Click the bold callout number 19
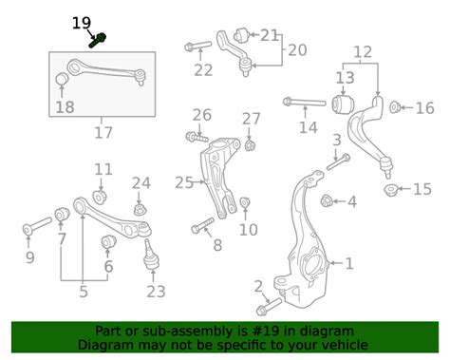pyautogui.click(x=82, y=23)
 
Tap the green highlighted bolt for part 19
pyautogui.click(x=98, y=41)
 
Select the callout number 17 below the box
pyautogui.click(x=103, y=133)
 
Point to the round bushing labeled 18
pyautogui.click(x=62, y=79)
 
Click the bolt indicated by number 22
pyautogui.click(x=197, y=46)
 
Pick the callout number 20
pyautogui.click(x=297, y=50)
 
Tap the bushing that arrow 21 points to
pyautogui.click(x=242, y=36)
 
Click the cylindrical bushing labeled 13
pyautogui.click(x=343, y=104)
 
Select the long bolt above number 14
pyautogui.click(x=304, y=103)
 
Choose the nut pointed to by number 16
pyautogui.click(x=395, y=107)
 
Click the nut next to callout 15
pyautogui.click(x=390, y=190)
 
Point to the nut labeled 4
pyautogui.click(x=326, y=200)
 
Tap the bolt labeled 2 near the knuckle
pyautogui.click(x=269, y=307)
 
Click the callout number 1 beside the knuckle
pyautogui.click(x=349, y=263)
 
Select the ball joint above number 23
pyautogui.click(x=151, y=255)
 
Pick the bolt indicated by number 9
pyautogui.click(x=37, y=225)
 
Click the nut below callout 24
pyautogui.click(x=140, y=210)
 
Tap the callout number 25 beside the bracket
pyautogui.click(x=184, y=182)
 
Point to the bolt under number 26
pyautogui.click(x=197, y=138)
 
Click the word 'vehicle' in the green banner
pyautogui.click(x=346, y=345)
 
